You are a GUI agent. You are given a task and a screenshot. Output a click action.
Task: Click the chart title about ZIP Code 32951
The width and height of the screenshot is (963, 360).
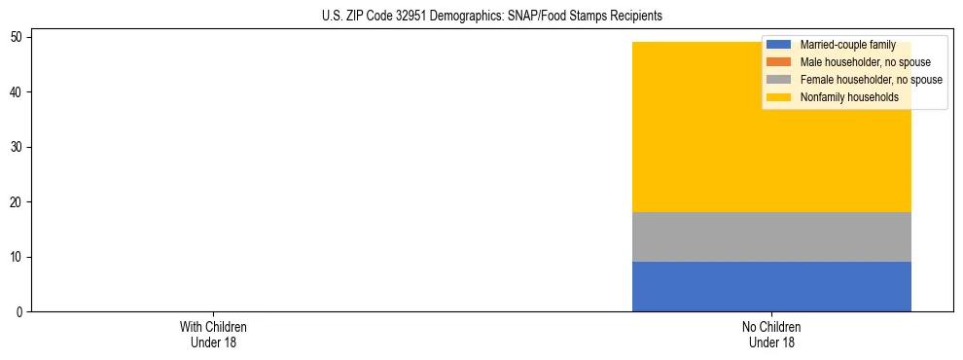coord(491,17)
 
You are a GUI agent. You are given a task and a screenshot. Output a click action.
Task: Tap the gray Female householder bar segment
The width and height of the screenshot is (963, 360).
coord(771,237)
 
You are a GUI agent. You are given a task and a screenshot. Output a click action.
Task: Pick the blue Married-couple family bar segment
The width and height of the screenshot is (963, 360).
coord(771,287)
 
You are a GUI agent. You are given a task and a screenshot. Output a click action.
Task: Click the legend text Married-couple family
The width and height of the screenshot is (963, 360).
coord(847,45)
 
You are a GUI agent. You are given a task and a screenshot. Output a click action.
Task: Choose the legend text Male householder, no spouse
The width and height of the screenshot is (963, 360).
coord(858,62)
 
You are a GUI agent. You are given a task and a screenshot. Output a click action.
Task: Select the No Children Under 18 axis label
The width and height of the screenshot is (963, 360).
coord(771,335)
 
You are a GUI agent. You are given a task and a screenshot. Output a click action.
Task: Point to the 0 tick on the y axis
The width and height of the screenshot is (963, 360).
coord(19,312)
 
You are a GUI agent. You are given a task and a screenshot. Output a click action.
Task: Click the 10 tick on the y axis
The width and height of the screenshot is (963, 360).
coord(17,257)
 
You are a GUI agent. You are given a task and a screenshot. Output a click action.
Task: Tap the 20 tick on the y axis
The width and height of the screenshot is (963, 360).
coord(17,202)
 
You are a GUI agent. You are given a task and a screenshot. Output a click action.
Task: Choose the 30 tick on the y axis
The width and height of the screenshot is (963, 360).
coord(17,147)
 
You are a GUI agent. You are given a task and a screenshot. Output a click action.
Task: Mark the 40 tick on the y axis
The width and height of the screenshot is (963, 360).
coord(17,92)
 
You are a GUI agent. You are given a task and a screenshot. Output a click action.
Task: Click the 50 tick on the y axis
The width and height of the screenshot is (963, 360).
coord(17,37)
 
